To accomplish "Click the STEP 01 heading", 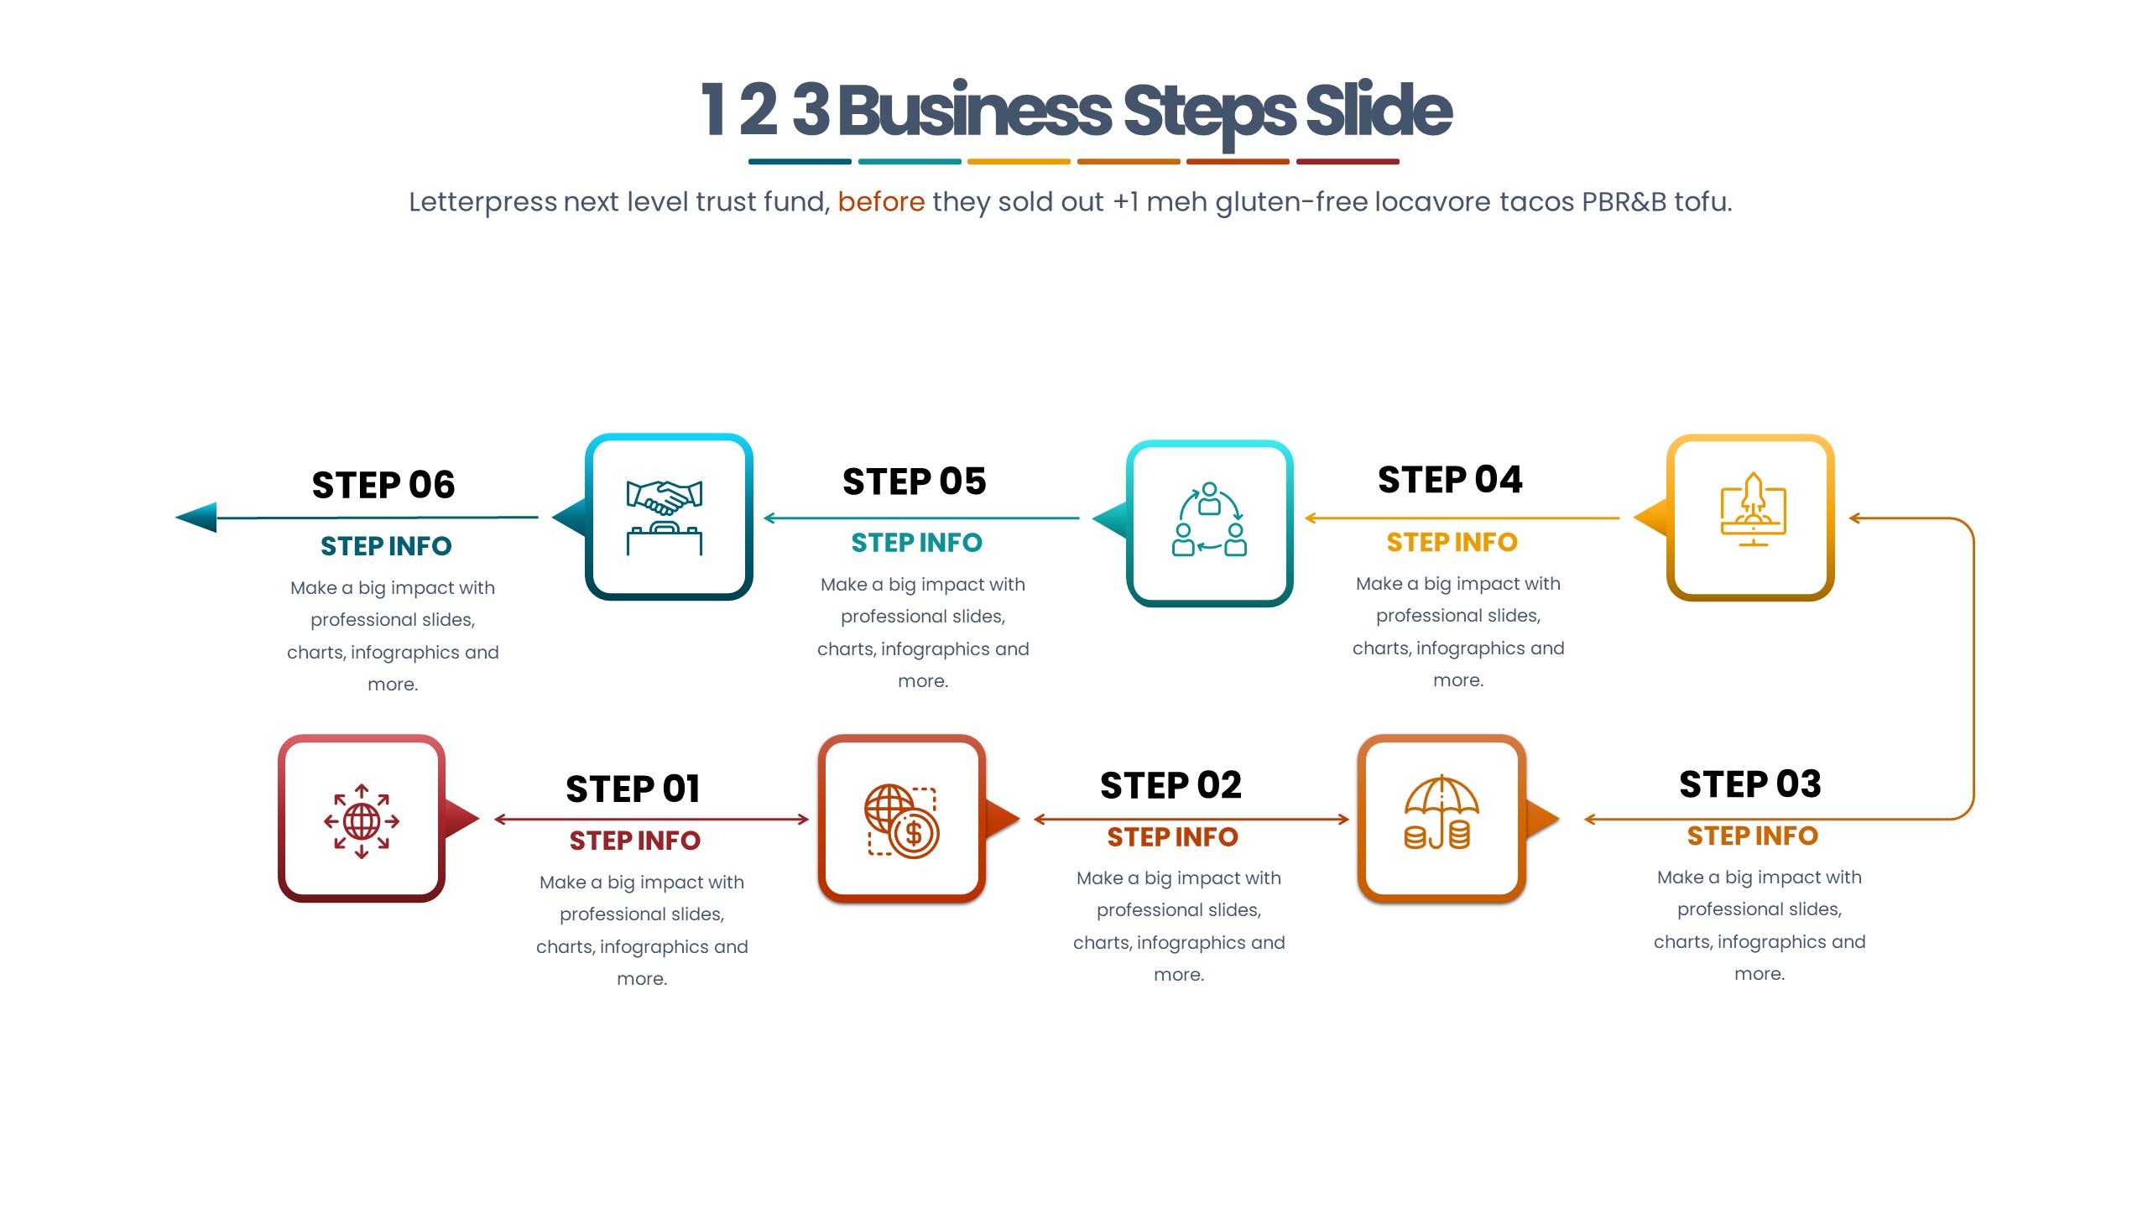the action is (x=633, y=789).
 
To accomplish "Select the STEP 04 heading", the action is (x=1450, y=480).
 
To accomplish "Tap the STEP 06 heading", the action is (x=383, y=485).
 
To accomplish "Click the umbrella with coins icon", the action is (x=1441, y=813).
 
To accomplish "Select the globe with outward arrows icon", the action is (x=362, y=820).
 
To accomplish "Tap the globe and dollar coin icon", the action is (x=901, y=820).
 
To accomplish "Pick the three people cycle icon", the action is (x=1209, y=519).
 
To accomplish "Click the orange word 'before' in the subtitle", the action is (x=881, y=202).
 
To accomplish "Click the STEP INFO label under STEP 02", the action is (x=1172, y=837).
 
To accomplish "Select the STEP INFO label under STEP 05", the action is (x=916, y=543).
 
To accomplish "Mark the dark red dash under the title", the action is (x=1348, y=162).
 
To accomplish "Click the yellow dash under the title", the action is (x=1019, y=162).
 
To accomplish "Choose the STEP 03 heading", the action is (x=1750, y=784).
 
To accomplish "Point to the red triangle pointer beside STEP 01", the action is (x=460, y=818).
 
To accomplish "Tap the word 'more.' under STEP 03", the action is (x=1760, y=974).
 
